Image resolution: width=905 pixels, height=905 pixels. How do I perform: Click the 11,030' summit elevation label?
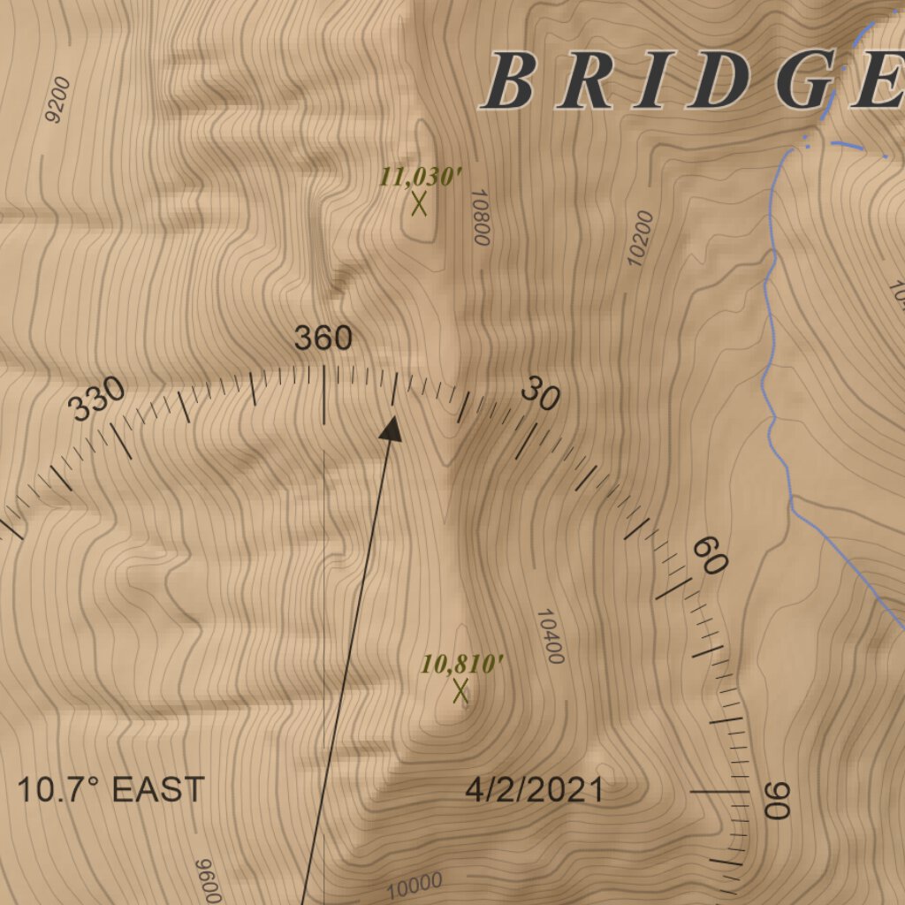click(421, 176)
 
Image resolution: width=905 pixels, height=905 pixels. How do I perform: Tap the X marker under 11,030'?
click(419, 204)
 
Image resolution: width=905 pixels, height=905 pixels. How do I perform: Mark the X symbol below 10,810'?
click(460, 691)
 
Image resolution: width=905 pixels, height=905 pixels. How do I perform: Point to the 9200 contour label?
click(57, 100)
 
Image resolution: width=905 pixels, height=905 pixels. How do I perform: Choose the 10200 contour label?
click(640, 238)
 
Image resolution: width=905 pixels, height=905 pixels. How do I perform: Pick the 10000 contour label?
click(414, 883)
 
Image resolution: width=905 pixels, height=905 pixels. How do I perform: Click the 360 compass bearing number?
click(323, 338)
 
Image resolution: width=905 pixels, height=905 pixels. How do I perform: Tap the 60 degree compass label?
click(709, 555)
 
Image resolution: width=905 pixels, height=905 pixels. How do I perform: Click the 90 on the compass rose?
click(776, 800)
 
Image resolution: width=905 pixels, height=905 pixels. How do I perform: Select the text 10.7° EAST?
click(111, 789)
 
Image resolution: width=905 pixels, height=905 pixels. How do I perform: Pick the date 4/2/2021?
click(534, 789)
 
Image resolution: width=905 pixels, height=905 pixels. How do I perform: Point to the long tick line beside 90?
click(718, 793)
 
